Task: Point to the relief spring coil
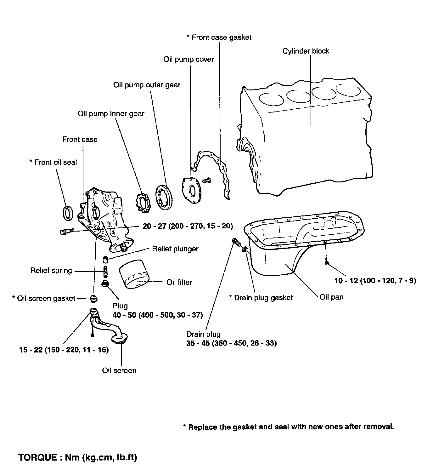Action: (x=105, y=271)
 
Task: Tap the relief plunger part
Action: (x=106, y=259)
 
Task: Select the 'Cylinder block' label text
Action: (x=306, y=51)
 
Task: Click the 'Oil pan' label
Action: (x=331, y=297)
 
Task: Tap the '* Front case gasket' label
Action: (x=219, y=37)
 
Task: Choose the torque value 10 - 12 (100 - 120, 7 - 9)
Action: (x=375, y=281)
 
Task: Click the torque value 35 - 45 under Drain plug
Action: (x=231, y=343)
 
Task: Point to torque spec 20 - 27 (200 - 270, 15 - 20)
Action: (x=188, y=226)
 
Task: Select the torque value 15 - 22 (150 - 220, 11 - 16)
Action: (x=64, y=350)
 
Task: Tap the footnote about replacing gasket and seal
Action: (x=288, y=427)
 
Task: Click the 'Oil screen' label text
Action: (x=119, y=370)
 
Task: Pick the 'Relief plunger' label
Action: (x=175, y=249)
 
